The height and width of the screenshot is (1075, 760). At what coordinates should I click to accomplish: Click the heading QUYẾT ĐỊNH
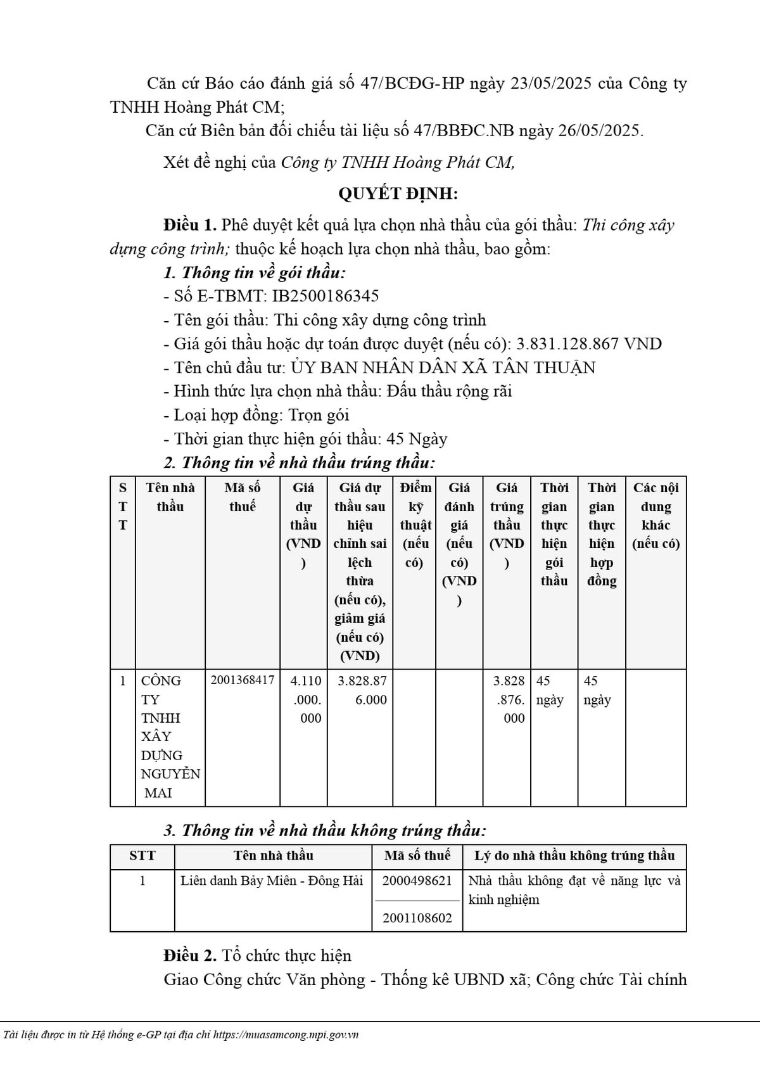click(397, 193)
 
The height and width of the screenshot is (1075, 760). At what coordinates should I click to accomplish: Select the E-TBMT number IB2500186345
click(326, 296)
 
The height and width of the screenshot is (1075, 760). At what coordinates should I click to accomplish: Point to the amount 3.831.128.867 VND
click(589, 344)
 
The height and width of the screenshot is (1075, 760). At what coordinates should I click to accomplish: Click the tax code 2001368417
click(243, 680)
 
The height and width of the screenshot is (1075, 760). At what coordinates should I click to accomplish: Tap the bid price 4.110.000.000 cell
click(306, 699)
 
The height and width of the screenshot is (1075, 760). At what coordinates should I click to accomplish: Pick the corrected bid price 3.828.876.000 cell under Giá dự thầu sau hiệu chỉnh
click(362, 690)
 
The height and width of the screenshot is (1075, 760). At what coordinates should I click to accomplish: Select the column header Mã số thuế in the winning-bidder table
click(243, 497)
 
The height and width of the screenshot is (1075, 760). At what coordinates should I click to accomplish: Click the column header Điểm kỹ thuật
click(415, 525)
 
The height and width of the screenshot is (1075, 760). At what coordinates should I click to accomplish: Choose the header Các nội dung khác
click(655, 515)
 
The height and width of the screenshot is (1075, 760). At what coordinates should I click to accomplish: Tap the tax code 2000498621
click(417, 881)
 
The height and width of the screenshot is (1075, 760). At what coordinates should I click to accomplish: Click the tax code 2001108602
click(417, 918)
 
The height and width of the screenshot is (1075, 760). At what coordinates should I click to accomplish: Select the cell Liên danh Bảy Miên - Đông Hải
click(272, 881)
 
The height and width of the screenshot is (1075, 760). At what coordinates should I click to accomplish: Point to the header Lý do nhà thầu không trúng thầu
click(574, 856)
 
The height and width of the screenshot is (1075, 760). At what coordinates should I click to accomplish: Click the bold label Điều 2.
click(190, 955)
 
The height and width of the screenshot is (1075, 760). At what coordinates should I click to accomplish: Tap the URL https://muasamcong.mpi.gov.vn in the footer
click(286, 1034)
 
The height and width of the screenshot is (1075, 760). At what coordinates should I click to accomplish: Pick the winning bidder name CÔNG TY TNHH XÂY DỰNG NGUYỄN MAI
click(170, 736)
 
